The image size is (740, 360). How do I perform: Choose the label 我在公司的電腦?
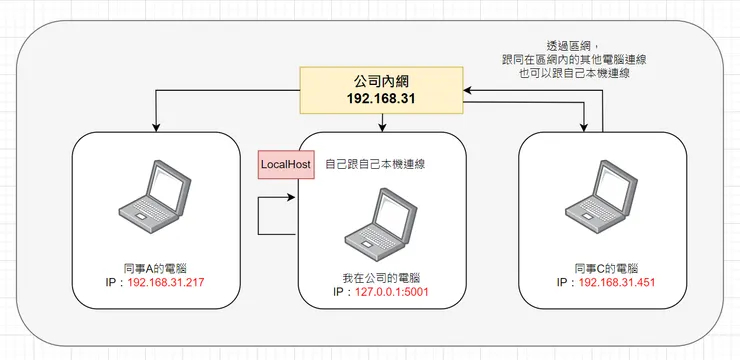tap(379, 277)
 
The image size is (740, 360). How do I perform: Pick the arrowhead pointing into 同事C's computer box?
tap(583, 126)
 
